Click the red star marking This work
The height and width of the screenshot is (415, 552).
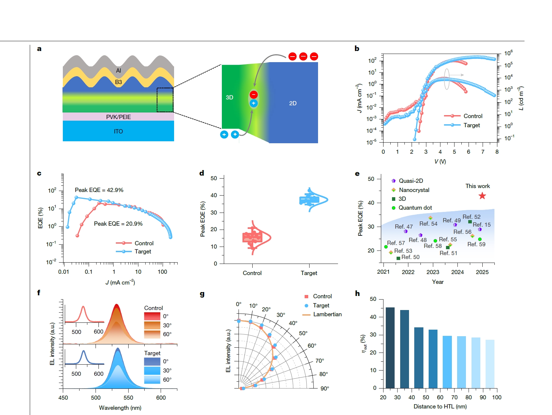482,196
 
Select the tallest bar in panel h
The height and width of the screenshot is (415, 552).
390,347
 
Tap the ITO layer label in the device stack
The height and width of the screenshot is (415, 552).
118,131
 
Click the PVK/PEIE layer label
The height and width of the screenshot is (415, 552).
118,117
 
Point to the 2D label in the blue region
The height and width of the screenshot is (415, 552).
293,103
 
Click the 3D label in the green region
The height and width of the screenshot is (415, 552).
229,97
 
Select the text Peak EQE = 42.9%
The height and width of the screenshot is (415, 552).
99,190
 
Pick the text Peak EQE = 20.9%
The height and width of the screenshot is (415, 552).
118,224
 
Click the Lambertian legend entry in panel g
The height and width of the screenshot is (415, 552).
327,314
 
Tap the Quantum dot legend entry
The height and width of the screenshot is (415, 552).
415,208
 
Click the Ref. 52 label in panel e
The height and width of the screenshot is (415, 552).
472,217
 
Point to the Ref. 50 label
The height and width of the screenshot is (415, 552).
410,257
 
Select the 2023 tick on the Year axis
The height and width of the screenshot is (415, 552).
433,272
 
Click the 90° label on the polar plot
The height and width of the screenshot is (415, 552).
325,389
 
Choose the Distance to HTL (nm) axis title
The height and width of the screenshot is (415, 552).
440,406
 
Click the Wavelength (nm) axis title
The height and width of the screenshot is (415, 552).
120,408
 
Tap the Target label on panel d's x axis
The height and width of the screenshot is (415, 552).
309,273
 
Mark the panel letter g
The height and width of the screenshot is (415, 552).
202,294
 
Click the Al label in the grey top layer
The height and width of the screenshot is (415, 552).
118,71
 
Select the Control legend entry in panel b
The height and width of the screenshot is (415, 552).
472,116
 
